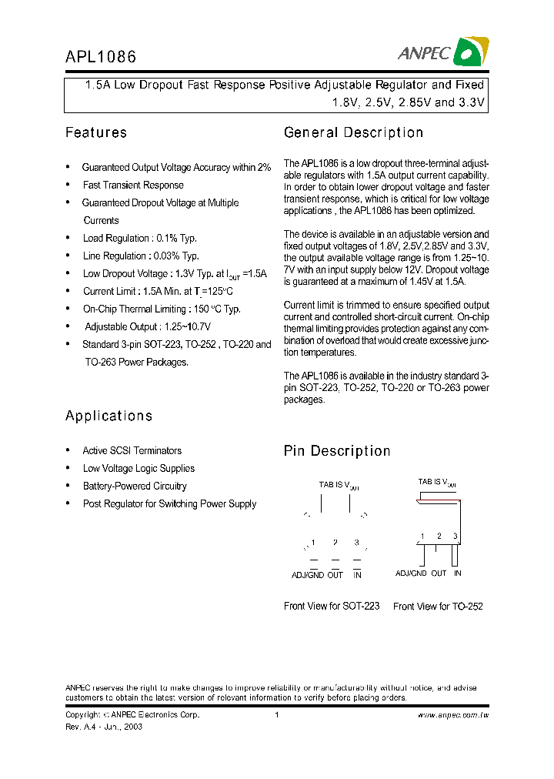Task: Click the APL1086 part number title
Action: click(100, 56)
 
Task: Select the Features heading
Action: click(96, 132)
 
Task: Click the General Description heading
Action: click(353, 132)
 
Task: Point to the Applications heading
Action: click(108, 416)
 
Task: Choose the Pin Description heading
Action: click(337, 451)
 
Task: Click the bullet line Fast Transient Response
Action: click(133, 185)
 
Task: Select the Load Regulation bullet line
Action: click(139, 238)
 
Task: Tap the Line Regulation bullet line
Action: click(141, 256)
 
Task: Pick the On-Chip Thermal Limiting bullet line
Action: click(162, 309)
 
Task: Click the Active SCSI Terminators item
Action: click(132, 450)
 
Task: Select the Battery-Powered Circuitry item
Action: click(135, 486)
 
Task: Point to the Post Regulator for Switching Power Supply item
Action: click(169, 503)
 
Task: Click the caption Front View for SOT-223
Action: click(332, 607)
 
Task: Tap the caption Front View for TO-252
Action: click(438, 607)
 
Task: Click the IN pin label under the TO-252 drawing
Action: click(458, 573)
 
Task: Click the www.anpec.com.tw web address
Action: click(454, 715)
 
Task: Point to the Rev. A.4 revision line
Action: click(104, 727)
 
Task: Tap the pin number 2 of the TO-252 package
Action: click(439, 536)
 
